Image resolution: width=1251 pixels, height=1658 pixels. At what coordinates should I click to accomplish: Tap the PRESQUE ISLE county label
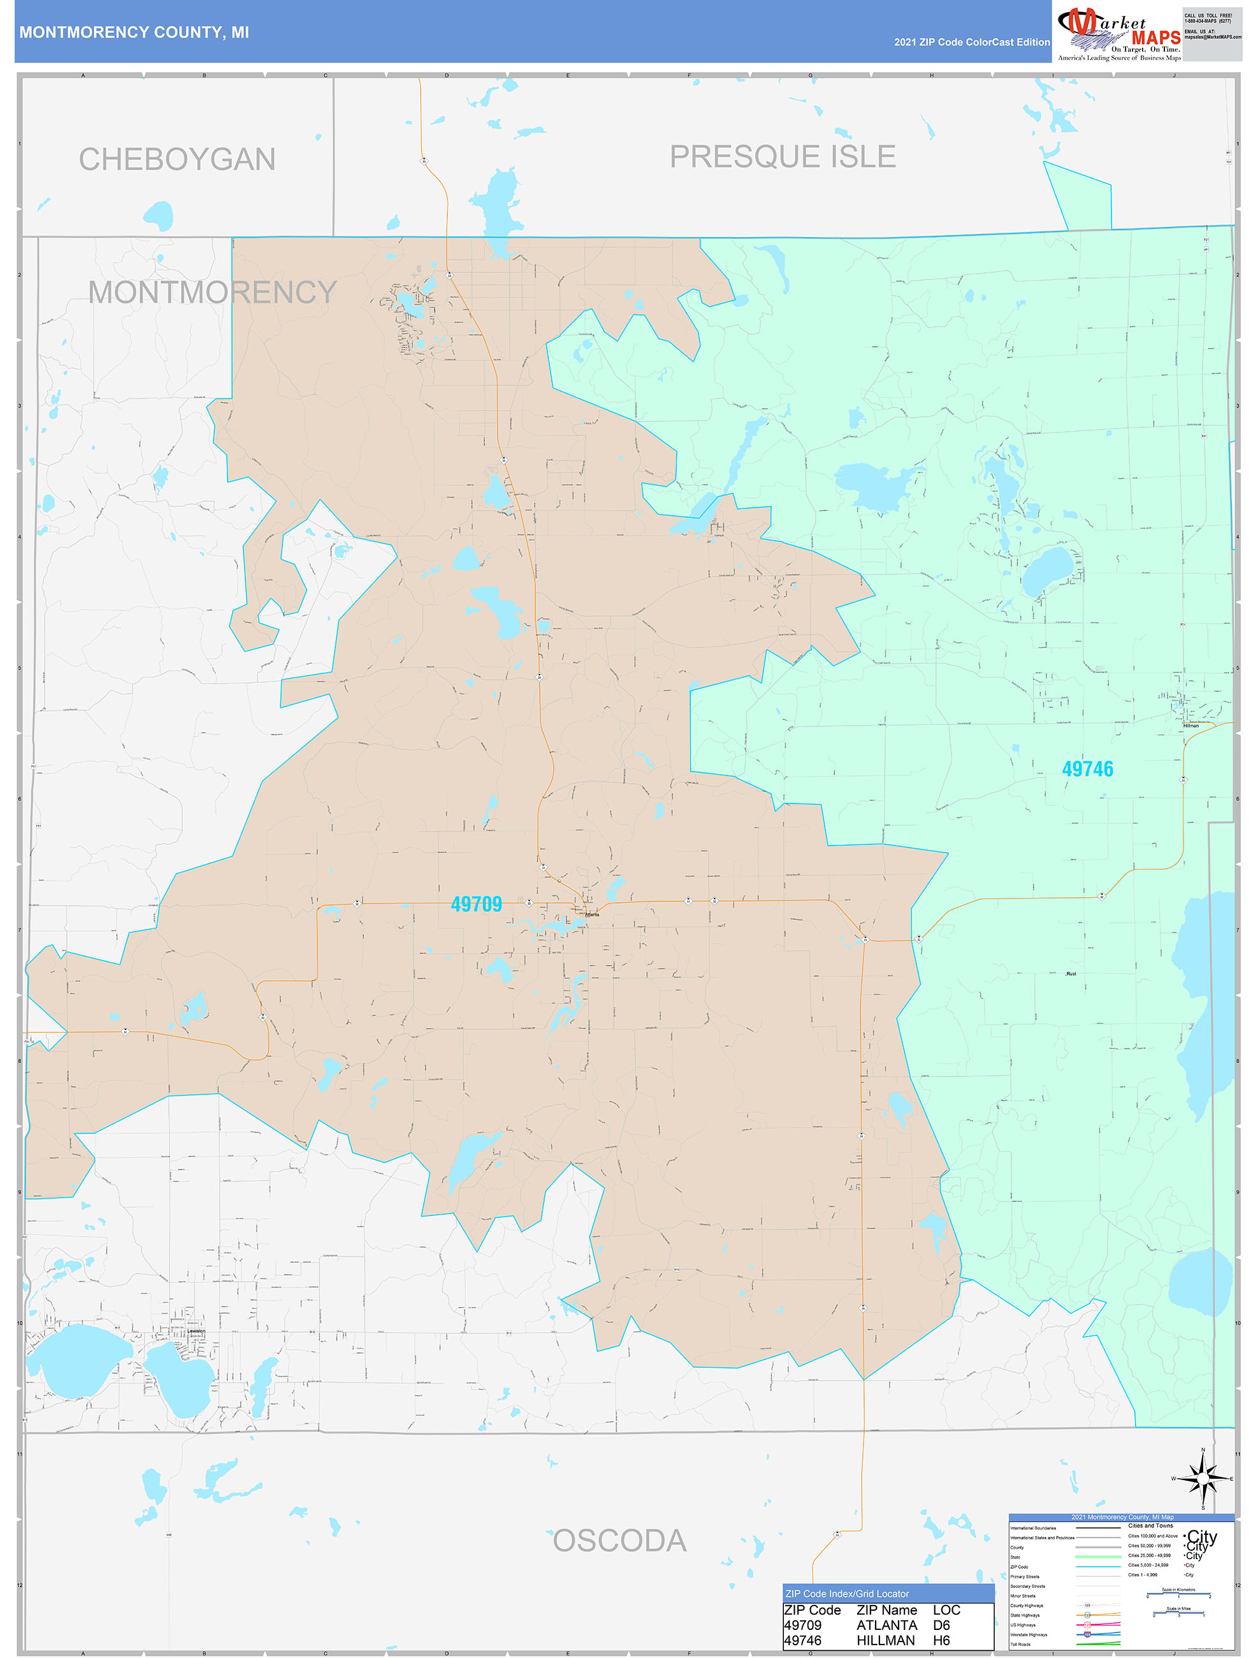pos(782,157)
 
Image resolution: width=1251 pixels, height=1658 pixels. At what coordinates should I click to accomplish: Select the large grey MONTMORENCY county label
pos(212,292)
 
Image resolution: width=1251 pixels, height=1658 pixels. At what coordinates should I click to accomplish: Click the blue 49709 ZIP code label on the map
pos(477,905)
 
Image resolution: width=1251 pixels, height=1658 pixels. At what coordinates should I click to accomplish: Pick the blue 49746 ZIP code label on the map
pos(1087,769)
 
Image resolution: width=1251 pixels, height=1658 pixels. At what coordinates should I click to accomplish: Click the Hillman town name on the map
pos(1190,726)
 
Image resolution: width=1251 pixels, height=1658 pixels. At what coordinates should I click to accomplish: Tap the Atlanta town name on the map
pos(592,914)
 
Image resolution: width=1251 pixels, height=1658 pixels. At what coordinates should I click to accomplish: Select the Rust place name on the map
pos(1071,974)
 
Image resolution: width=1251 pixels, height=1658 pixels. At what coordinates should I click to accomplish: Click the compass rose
pos(1203,1479)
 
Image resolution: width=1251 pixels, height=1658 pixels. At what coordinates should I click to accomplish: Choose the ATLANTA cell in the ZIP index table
pos(886,1625)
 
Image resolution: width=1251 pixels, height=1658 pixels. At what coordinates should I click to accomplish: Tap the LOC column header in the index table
pos(946,1610)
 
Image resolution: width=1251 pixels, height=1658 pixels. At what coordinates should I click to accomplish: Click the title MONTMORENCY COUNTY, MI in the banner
pos(134,33)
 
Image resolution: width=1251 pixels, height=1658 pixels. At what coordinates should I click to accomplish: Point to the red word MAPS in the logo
pos(1155,38)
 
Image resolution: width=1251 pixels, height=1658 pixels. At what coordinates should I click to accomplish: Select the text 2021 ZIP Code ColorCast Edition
pos(972,42)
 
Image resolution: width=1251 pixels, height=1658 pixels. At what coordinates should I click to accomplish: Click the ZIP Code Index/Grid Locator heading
pos(846,1594)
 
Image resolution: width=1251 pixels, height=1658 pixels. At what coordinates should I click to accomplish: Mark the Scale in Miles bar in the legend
pos(1178,1612)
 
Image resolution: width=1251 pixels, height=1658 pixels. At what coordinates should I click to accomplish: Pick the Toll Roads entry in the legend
pos(1020,1645)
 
